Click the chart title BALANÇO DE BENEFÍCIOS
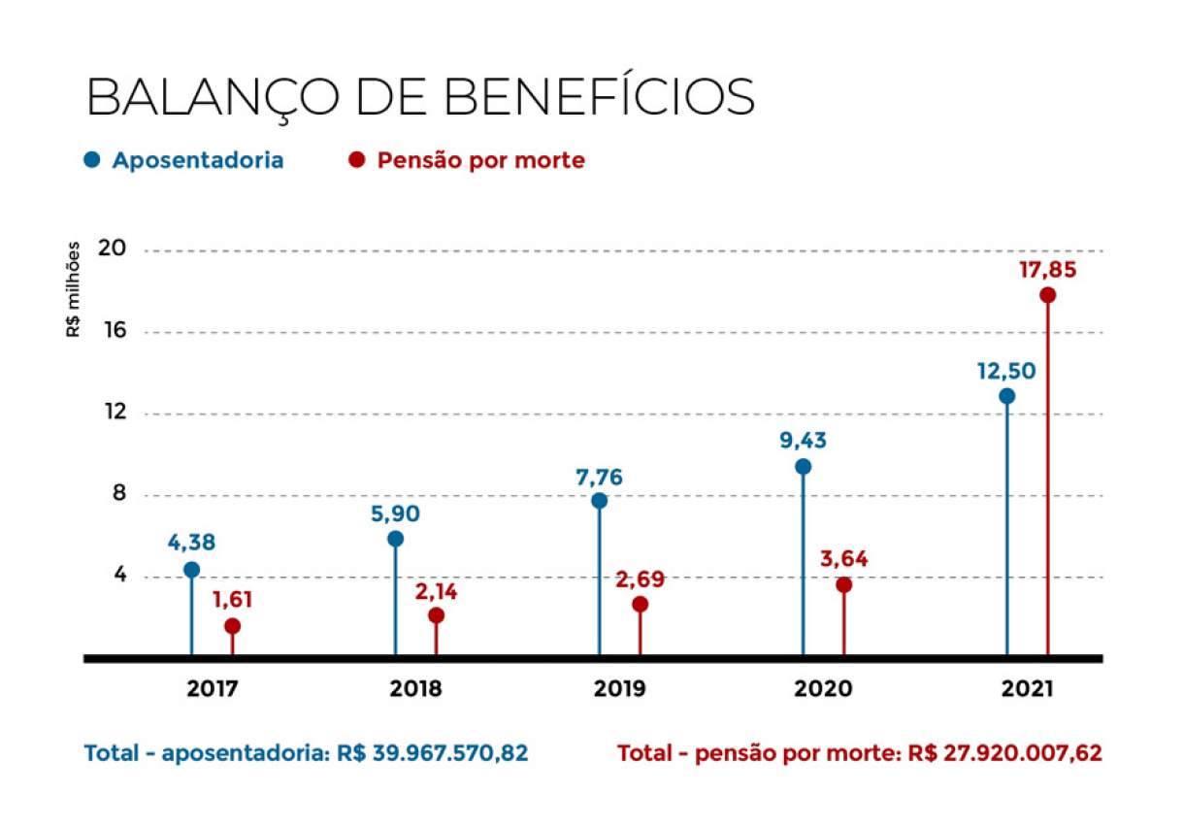(420, 96)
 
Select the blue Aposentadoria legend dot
(92, 160)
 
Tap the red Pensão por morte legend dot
(357, 160)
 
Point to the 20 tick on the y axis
(113, 248)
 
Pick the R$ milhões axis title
(74, 290)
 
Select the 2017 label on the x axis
(213, 690)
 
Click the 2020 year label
(823, 690)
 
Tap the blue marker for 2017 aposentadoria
(191, 570)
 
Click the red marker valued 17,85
(1047, 295)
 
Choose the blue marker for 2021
(1006, 396)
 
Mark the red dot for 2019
(640, 604)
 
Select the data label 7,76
(599, 477)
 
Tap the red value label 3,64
(843, 560)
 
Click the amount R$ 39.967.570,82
(433, 753)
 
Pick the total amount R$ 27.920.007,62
(1006, 753)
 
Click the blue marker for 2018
(395, 539)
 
